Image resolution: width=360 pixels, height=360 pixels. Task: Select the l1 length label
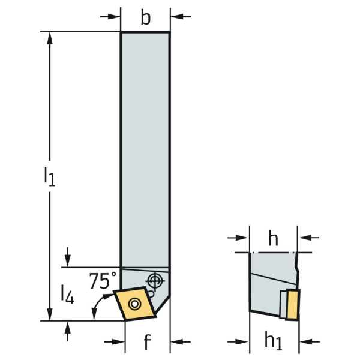[x=49, y=176]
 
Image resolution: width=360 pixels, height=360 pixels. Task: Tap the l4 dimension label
[x=67, y=294]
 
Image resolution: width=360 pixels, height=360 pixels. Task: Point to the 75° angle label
[x=103, y=281]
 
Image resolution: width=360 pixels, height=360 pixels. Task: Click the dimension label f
[x=148, y=342]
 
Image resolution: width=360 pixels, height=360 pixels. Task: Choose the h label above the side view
[x=273, y=239]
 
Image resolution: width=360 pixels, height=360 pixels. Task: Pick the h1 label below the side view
[x=273, y=341]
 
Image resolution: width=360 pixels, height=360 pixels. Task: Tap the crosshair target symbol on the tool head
[x=155, y=281]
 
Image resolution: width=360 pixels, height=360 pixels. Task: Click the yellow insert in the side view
[x=293, y=305]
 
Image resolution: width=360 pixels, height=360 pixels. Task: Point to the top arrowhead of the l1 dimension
[x=50, y=38]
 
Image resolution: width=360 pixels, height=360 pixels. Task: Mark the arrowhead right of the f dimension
[x=177, y=342]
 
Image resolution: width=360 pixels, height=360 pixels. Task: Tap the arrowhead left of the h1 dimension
[x=242, y=342]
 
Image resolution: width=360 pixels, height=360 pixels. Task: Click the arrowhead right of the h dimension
[x=304, y=238]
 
